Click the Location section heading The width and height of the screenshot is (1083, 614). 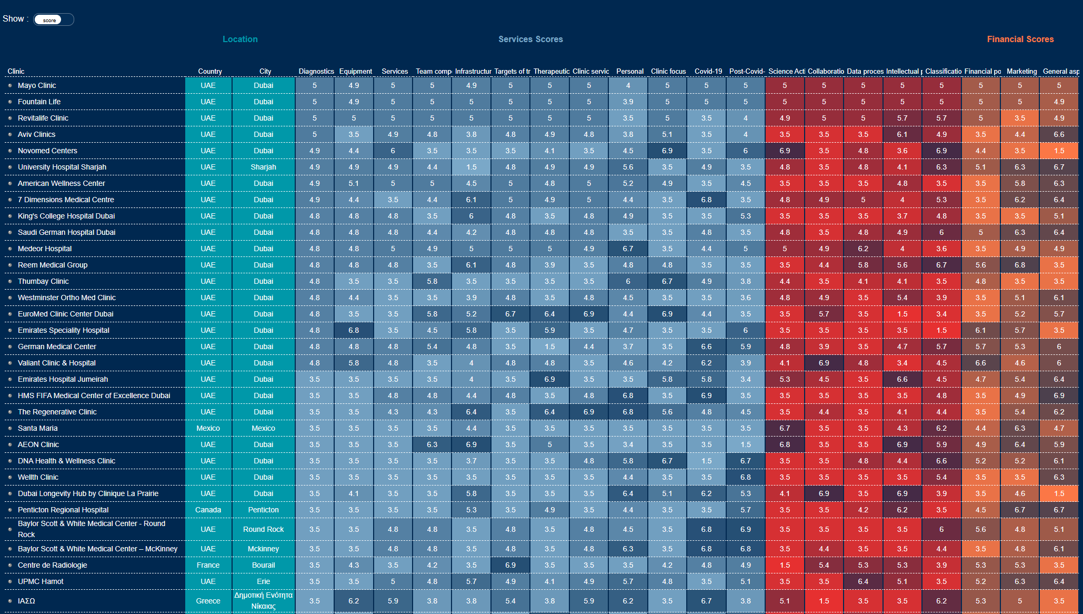tap(240, 39)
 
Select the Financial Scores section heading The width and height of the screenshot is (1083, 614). tap(1020, 39)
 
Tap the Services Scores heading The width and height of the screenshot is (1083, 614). tap(530, 39)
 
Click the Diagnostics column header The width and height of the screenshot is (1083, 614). tap(316, 71)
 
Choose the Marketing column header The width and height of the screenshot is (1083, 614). tap(1021, 71)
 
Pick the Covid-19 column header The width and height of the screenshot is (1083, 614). tap(708, 71)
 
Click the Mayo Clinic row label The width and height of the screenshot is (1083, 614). tap(37, 85)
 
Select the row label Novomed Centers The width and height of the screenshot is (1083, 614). tap(47, 151)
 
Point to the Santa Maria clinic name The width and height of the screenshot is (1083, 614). tap(37, 428)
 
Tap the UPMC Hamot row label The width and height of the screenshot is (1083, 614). tap(41, 581)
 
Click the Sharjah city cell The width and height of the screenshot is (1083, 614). tap(263, 167)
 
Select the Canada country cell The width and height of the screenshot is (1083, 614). tap(208, 510)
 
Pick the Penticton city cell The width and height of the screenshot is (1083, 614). tap(263, 510)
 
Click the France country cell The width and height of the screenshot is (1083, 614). tap(208, 565)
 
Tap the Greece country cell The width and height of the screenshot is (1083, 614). tap(208, 601)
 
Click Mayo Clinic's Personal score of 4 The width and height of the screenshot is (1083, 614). tap(628, 85)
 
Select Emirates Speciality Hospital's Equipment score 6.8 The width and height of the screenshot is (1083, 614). tap(354, 330)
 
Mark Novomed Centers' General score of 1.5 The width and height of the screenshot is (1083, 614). tap(1059, 151)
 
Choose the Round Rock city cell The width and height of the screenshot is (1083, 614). tap(263, 529)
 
